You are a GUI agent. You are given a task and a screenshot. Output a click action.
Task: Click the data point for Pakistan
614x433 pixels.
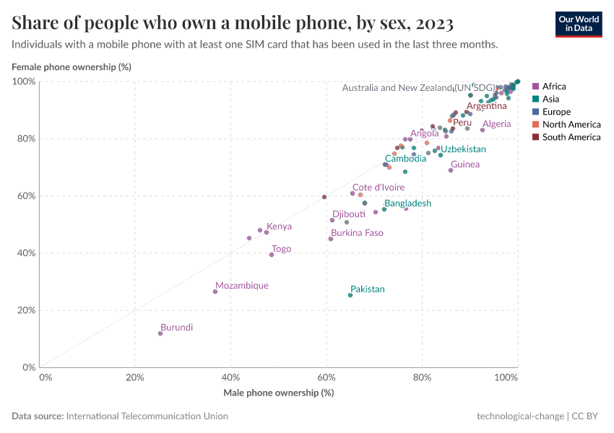[350, 295]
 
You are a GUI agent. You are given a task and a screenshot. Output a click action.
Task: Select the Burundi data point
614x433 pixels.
[160, 333]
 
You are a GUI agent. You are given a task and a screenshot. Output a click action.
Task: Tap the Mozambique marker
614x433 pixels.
[215, 292]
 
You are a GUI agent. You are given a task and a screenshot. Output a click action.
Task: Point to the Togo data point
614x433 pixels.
[272, 255]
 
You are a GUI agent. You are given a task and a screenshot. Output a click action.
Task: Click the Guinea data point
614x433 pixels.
[451, 170]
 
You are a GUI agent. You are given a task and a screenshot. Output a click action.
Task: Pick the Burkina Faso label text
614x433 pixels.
[357, 233]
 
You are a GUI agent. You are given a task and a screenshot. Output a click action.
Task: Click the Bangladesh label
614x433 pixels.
[407, 204]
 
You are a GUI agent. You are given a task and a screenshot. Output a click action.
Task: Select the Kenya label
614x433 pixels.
[279, 227]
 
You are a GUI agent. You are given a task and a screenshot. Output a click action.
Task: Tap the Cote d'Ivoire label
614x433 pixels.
[379, 188]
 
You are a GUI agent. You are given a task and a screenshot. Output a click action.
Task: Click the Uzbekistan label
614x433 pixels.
[463, 149]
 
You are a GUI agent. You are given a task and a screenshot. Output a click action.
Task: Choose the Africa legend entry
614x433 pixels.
[554, 86]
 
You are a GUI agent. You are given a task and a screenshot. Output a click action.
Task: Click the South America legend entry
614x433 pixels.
[571, 137]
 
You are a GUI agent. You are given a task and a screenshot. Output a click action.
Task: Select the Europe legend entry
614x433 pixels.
[556, 112]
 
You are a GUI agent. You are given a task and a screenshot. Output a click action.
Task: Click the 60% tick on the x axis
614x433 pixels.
[327, 377]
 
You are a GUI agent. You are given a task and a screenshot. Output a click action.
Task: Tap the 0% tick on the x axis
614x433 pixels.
[45, 377]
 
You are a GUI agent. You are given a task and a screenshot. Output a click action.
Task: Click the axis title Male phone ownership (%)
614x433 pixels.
[278, 393]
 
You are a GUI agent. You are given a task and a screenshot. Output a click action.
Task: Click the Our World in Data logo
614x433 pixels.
[579, 24]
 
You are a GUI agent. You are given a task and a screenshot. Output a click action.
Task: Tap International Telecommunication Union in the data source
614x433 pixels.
[147, 416]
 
